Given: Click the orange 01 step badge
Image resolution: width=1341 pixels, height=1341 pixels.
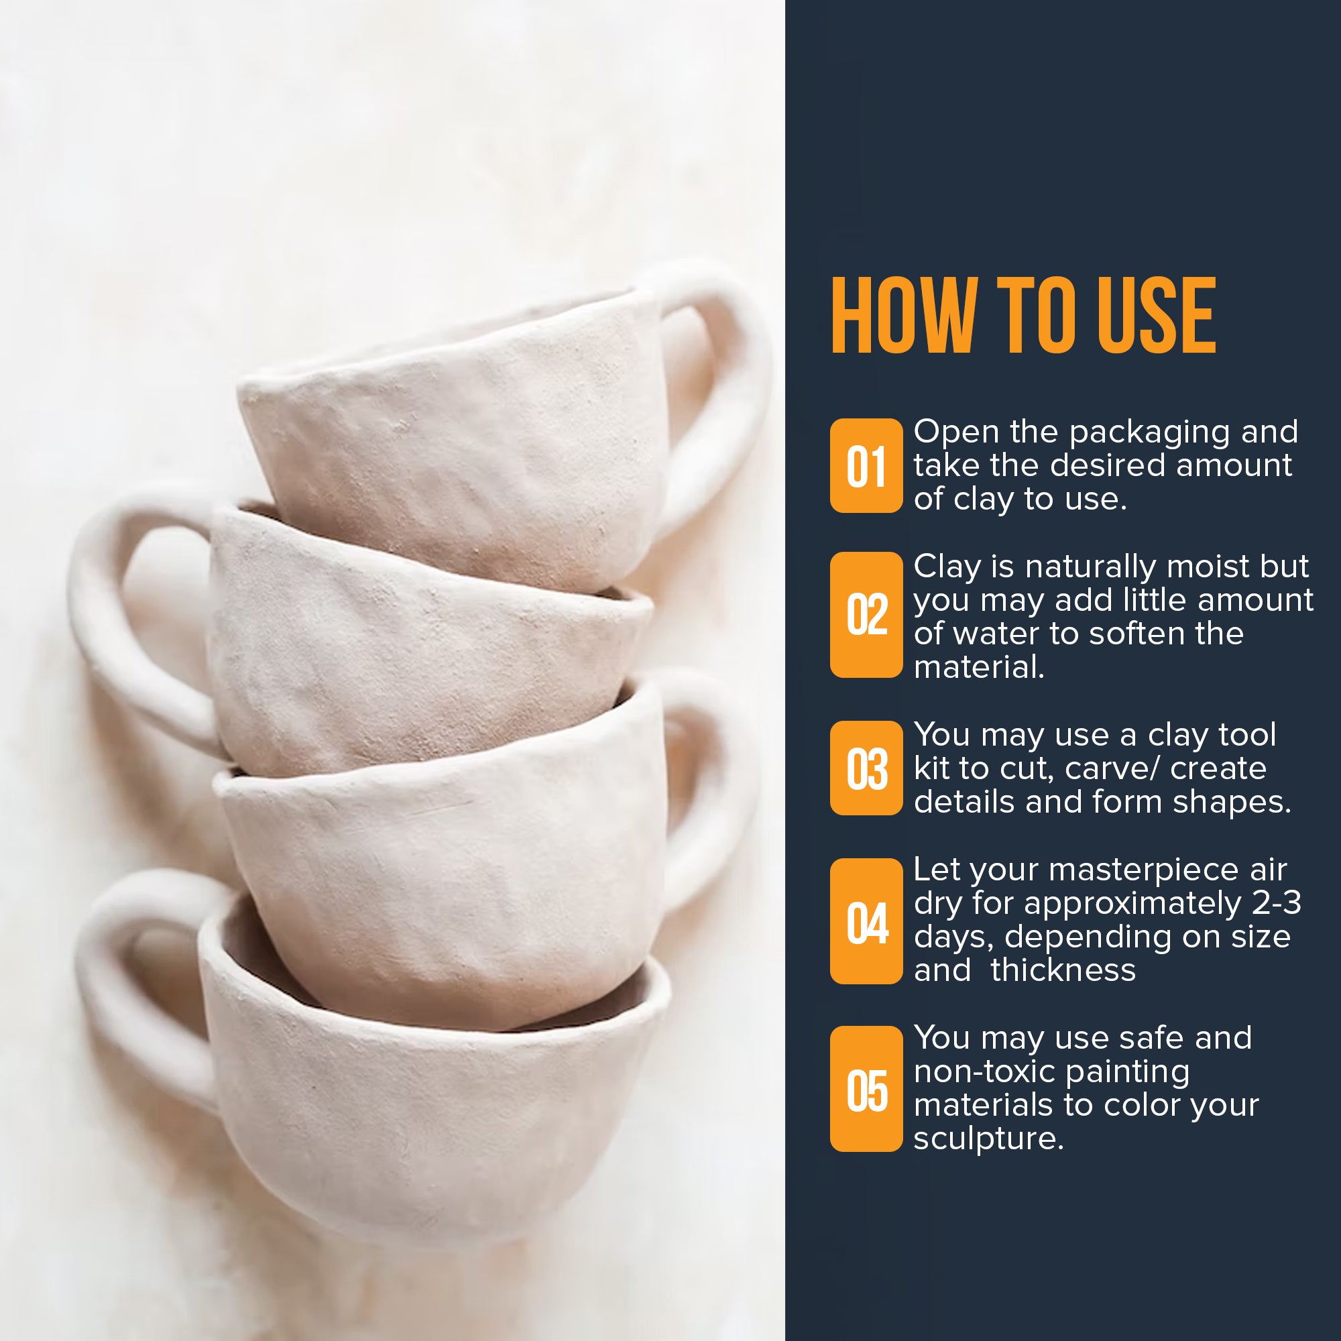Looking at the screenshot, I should coord(866,466).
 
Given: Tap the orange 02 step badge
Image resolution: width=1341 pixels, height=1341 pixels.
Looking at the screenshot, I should coord(866,614).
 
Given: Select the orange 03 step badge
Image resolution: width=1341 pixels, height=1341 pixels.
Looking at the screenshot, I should coord(866,768).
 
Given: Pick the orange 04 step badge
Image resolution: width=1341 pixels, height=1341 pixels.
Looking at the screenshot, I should coord(866,921).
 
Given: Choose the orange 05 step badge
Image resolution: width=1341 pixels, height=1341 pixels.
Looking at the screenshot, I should coord(866,1089).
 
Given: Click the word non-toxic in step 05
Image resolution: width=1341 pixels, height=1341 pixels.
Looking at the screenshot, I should coord(985,1071).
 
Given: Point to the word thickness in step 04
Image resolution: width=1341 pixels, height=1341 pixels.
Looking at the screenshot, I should coord(1063,970).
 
